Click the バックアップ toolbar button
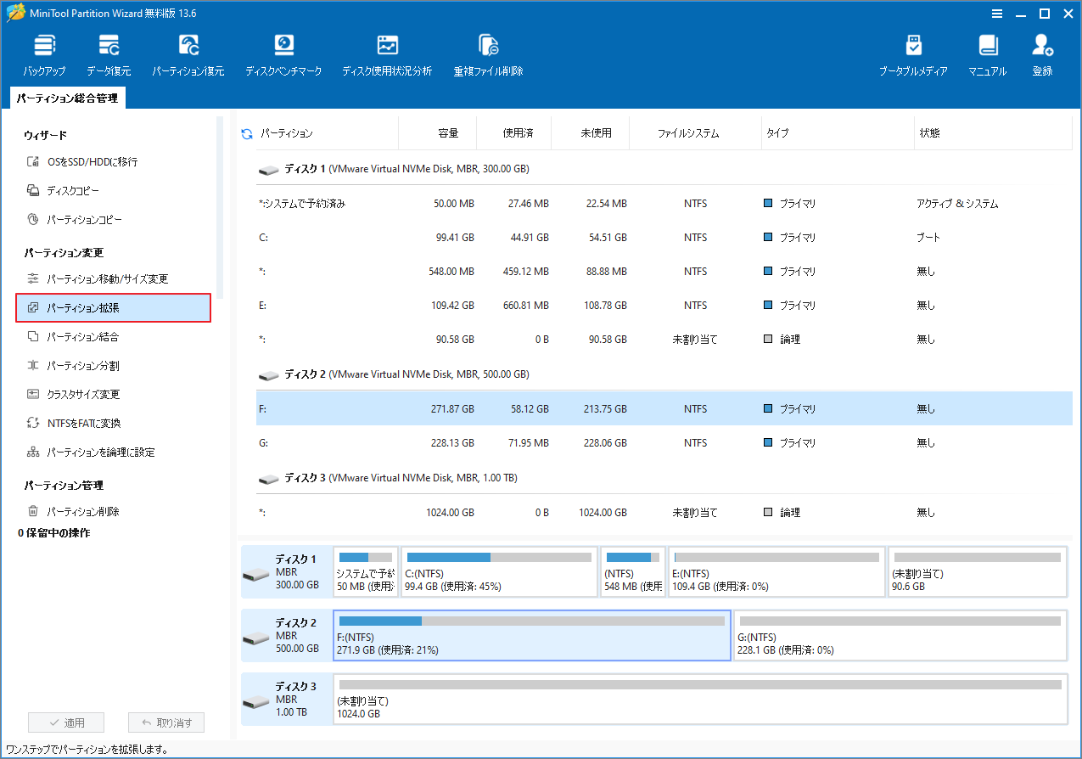[x=44, y=56]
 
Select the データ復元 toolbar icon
[x=109, y=56]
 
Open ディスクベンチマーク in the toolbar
[x=283, y=56]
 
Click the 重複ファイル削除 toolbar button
[x=488, y=56]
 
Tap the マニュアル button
[x=987, y=56]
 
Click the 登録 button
[x=1042, y=56]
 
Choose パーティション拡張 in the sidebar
[x=113, y=308]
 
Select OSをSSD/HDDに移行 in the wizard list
[x=92, y=162]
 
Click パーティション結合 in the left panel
[x=82, y=337]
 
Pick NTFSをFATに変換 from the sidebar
[x=89, y=424]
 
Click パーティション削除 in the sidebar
[x=82, y=512]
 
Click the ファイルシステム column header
[x=687, y=133]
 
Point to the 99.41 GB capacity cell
[x=454, y=238]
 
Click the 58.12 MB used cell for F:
[x=530, y=409]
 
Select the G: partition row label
[x=263, y=443]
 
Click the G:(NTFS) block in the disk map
[x=900, y=636]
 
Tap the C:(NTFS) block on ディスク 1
[x=499, y=572]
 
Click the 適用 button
[x=66, y=723]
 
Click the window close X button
[x=1065, y=14]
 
